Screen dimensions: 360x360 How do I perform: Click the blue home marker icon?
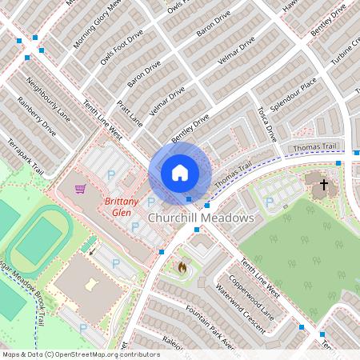(x=180, y=173)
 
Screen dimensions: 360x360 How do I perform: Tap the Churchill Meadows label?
(x=201, y=218)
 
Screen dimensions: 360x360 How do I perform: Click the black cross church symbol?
(x=324, y=186)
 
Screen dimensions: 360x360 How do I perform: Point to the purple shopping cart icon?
(x=80, y=190)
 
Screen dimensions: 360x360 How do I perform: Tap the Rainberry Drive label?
(x=37, y=118)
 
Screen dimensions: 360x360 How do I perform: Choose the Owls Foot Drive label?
(x=122, y=47)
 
